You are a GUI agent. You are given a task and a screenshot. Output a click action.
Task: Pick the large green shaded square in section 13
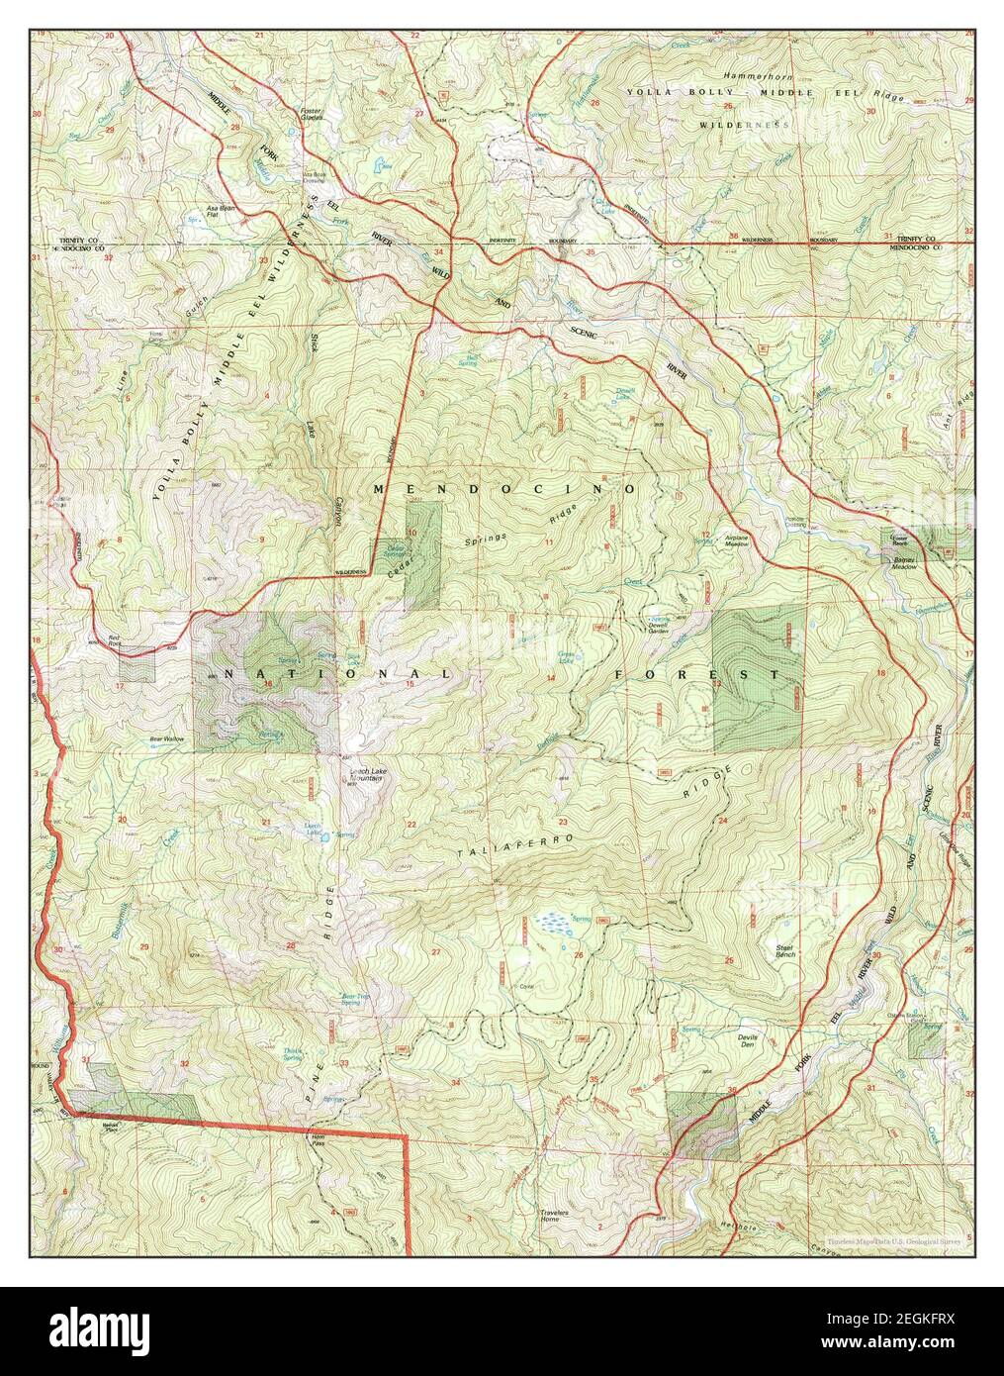757,678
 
